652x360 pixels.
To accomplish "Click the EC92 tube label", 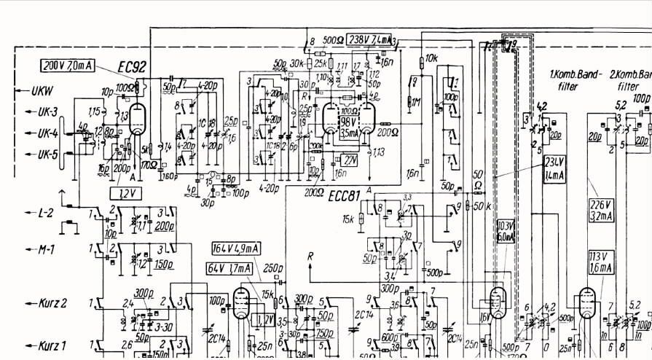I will [x=133, y=67].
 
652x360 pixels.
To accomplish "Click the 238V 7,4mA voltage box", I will [x=370, y=39].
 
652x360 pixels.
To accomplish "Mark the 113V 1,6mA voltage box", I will [x=602, y=263].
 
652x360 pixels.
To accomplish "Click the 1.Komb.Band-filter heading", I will [x=574, y=79].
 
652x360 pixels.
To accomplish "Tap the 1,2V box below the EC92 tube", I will [x=125, y=192].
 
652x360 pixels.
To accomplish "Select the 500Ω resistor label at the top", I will [x=333, y=39].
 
